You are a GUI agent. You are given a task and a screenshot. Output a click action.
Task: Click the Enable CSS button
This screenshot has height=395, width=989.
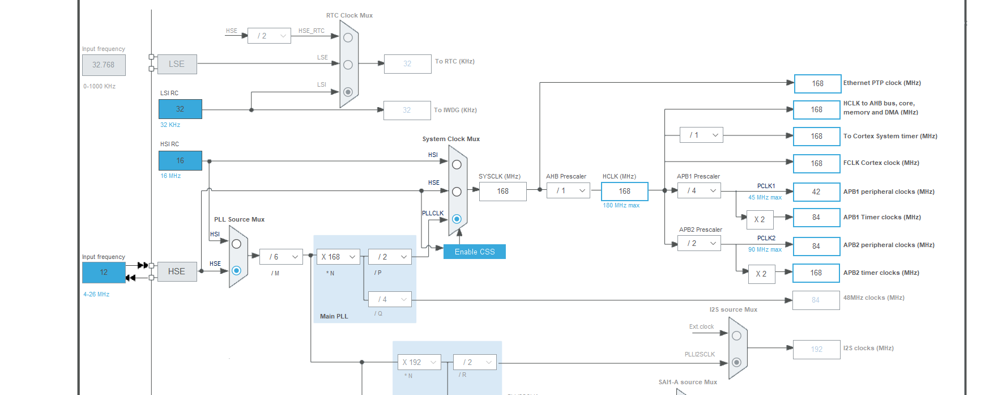(474, 252)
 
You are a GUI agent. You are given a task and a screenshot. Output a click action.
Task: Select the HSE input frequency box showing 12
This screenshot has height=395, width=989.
(104, 273)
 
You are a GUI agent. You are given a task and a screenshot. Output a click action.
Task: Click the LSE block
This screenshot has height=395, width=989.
(177, 64)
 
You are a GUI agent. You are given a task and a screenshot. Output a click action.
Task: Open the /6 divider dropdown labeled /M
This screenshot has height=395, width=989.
(282, 257)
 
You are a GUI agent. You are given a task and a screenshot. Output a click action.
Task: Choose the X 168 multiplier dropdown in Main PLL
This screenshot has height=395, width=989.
(338, 257)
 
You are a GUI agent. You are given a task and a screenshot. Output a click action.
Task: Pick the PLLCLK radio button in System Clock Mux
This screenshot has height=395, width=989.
(457, 219)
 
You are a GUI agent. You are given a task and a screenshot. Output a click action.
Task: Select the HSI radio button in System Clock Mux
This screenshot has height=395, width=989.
(457, 164)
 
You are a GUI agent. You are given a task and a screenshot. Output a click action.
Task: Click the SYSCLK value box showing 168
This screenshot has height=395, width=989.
(502, 192)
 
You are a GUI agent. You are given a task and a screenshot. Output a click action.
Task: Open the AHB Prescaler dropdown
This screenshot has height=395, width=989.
(568, 191)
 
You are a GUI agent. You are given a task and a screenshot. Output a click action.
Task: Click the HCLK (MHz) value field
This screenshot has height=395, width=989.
(624, 192)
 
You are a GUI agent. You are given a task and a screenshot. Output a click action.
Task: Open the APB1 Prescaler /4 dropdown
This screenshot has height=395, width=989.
(699, 191)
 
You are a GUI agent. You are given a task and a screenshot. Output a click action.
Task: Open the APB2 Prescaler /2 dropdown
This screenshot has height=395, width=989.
(699, 243)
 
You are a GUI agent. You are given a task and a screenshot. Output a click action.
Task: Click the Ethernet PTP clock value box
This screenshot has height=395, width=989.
(817, 83)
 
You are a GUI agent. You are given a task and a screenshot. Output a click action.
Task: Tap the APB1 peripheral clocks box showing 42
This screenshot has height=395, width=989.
(816, 192)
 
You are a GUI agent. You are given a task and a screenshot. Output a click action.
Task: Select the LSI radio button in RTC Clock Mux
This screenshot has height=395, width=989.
(348, 92)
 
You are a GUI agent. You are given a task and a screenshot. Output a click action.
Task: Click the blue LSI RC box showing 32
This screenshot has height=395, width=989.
(180, 109)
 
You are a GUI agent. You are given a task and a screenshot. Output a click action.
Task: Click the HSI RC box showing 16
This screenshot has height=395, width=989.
(180, 160)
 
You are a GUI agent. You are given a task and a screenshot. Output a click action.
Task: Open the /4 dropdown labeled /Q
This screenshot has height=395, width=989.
(390, 299)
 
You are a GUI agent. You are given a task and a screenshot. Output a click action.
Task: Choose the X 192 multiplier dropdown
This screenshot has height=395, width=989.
(419, 362)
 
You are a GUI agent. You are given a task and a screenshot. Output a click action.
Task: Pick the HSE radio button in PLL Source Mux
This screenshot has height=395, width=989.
(236, 270)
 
